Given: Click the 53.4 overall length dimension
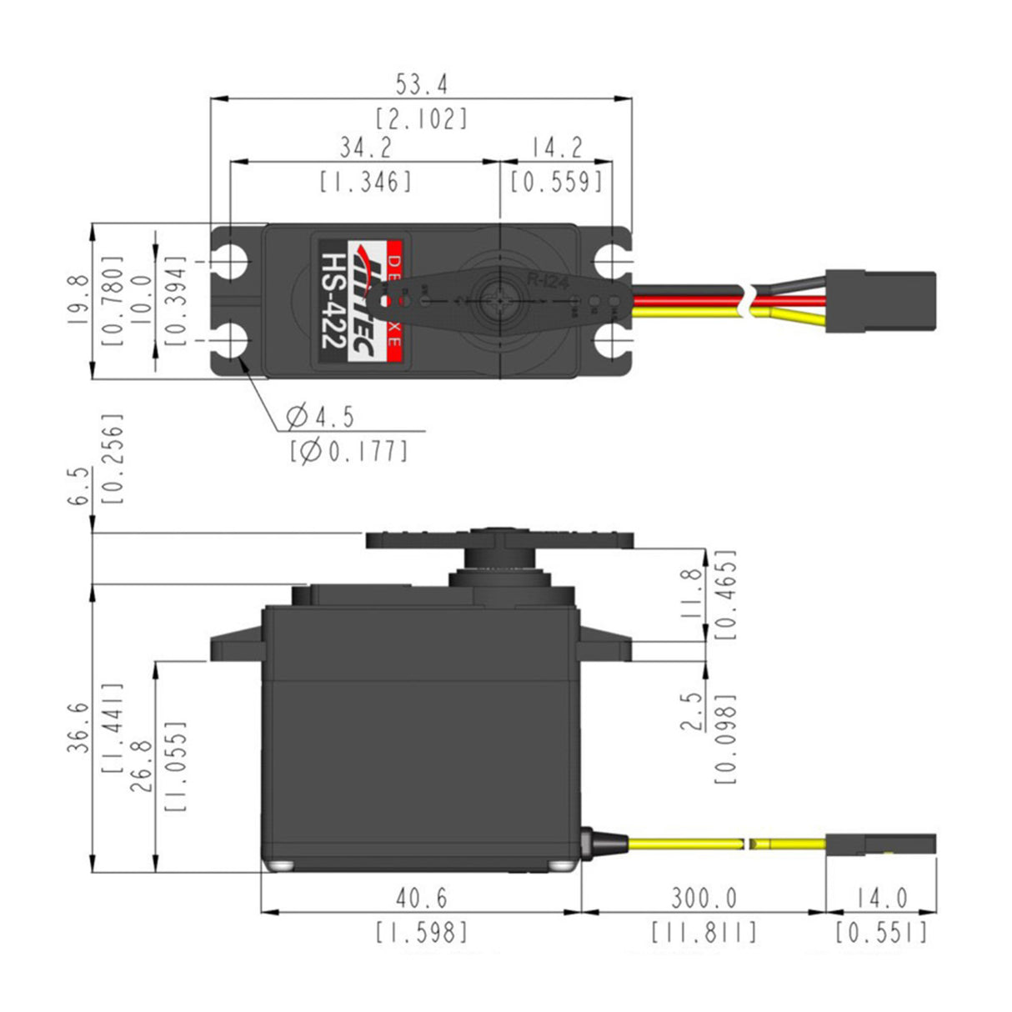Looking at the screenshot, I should click(421, 84).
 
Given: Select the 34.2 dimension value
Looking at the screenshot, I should click(364, 148).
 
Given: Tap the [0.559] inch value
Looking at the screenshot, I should click(556, 181).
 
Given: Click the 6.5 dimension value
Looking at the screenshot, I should click(77, 484).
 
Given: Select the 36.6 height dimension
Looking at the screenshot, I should click(77, 727).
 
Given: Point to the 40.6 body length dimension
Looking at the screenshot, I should click(421, 898).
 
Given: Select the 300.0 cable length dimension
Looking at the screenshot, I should click(704, 898).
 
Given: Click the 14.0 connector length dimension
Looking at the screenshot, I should click(880, 898).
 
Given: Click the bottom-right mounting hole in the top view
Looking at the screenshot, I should click(615, 341).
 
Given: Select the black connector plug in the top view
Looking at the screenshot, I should click(880, 301).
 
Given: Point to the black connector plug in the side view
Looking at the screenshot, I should click(880, 844).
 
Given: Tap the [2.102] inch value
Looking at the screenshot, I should click(421, 118).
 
